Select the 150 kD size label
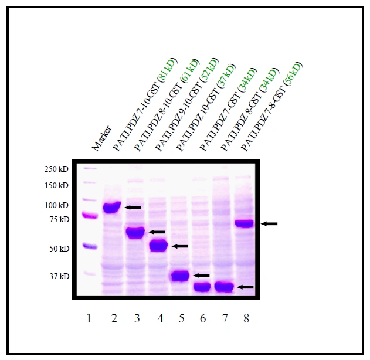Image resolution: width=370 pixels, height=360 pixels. pos(56,186)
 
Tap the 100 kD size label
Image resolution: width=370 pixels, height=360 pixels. pos(56,205)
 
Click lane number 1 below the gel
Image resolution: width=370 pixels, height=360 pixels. pos(89,318)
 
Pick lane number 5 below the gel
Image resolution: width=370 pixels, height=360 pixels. pos(181,318)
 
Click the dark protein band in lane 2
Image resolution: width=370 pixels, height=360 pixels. pos(111,207)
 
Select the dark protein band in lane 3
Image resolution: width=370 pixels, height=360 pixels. pos(135,232)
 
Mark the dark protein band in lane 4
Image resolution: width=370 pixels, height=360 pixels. pos(158,246)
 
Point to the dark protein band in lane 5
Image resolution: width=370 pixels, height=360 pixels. pos(180,275)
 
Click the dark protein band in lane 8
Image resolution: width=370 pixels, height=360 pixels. pos(243,223)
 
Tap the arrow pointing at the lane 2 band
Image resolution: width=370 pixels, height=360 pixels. pos(133,208)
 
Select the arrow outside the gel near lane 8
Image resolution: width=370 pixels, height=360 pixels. pos(269,223)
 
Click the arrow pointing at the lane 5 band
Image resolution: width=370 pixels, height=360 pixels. pos(201,275)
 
